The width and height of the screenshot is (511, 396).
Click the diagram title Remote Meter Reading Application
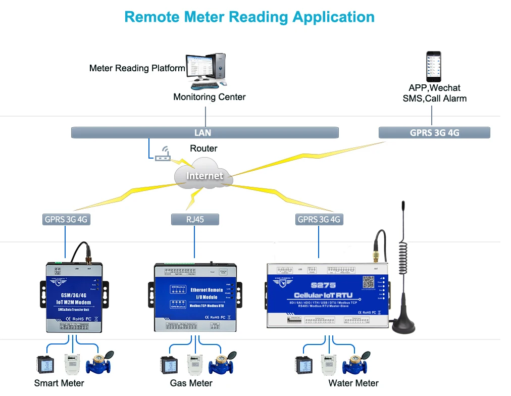249,17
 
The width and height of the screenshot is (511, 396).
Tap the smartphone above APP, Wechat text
433,66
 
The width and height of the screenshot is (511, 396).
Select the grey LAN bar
205,133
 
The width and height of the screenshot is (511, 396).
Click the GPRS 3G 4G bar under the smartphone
434,133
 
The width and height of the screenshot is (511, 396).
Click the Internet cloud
204,175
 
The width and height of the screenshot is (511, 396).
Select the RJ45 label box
195,219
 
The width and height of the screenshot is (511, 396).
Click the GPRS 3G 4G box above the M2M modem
66,219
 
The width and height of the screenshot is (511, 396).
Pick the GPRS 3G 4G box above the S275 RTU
319,219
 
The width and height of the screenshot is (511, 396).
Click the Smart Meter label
59,383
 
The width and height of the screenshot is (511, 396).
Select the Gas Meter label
191,383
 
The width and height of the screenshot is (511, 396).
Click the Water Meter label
353,383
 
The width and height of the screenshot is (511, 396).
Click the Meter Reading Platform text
137,68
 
